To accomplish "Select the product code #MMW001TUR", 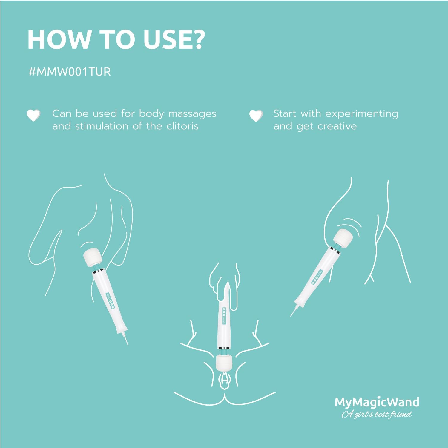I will [70, 72].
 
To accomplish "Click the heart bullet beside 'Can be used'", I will [33, 115].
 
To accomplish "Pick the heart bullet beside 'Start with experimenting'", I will [256, 116].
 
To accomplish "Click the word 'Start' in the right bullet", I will [285, 114].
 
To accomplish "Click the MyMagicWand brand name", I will [377, 402].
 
